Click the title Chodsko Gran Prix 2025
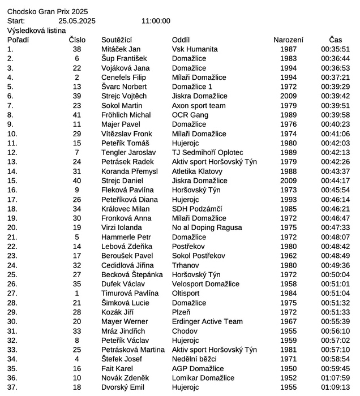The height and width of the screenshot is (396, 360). (48, 11)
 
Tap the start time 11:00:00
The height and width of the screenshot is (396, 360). (156, 21)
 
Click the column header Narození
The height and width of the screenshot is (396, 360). (288, 40)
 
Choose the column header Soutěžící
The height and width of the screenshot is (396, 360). (117, 40)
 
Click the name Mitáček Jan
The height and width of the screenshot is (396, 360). (121, 49)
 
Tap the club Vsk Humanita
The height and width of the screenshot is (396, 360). (194, 49)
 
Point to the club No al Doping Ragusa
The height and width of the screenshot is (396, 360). (207, 227)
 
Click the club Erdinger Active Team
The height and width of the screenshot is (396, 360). (207, 321)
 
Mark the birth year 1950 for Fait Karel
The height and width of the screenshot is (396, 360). (288, 368)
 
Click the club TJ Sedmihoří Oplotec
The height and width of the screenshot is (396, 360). (207, 153)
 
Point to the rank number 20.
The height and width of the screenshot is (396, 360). (12, 227)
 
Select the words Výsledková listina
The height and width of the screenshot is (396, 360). (36, 31)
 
